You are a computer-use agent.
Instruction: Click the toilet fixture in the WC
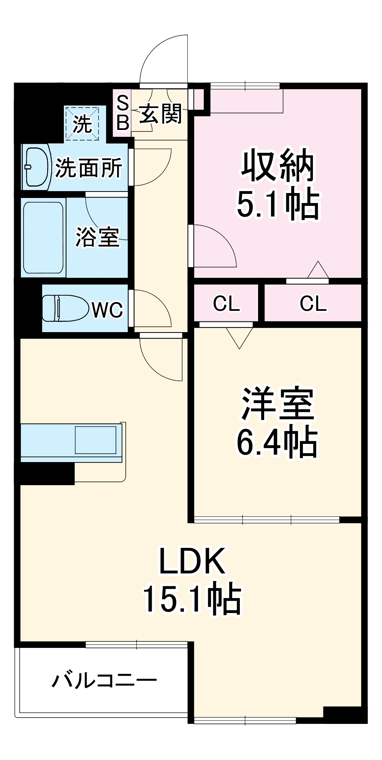(x=63, y=308)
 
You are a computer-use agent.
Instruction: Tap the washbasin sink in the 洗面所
(x=37, y=166)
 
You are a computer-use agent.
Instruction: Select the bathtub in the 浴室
(x=43, y=237)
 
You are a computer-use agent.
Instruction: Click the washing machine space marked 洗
(x=82, y=123)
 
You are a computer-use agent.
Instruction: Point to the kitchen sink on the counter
(x=95, y=440)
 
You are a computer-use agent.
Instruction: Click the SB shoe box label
(x=122, y=113)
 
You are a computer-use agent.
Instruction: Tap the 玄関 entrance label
(x=160, y=114)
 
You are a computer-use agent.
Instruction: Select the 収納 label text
(x=278, y=166)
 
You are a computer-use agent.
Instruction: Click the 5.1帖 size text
(x=278, y=204)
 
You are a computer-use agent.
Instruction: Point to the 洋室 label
(x=278, y=404)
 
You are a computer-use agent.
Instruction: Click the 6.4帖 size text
(x=277, y=442)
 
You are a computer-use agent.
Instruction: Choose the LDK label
(x=192, y=561)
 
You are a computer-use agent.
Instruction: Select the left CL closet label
(x=226, y=304)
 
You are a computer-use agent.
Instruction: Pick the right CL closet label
(x=313, y=304)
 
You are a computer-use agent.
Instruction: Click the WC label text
(x=108, y=310)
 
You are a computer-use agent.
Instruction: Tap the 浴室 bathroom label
(x=97, y=237)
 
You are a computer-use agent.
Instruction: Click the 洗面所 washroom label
(x=89, y=168)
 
